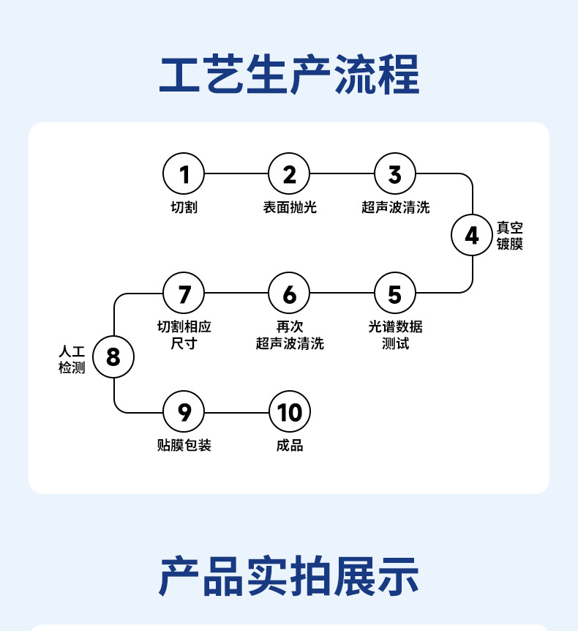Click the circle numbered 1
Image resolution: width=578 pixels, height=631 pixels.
point(184,174)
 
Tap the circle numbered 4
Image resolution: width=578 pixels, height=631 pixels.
point(472,236)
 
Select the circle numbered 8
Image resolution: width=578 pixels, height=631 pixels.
point(113,356)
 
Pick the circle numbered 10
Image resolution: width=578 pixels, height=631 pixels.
point(290,412)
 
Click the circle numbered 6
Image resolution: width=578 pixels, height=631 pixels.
point(290,294)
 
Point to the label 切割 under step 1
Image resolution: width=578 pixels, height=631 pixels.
point(184,208)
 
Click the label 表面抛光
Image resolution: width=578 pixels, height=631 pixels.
point(290,208)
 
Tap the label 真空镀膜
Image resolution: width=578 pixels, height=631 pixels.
point(510,236)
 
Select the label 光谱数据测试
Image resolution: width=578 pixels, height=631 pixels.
point(395,335)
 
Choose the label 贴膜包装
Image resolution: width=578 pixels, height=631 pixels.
point(184,445)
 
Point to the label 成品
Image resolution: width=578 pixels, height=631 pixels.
point(290,445)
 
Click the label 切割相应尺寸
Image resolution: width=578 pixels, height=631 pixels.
point(184,335)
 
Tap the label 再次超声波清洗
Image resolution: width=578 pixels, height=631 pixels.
point(290,335)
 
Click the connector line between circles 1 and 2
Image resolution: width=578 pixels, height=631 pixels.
point(236,174)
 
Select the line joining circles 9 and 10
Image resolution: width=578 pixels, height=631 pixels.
point(236,412)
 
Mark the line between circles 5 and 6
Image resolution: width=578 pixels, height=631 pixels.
point(342,294)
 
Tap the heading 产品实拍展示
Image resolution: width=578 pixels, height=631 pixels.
point(289,575)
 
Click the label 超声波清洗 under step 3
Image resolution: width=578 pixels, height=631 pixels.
point(395,208)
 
